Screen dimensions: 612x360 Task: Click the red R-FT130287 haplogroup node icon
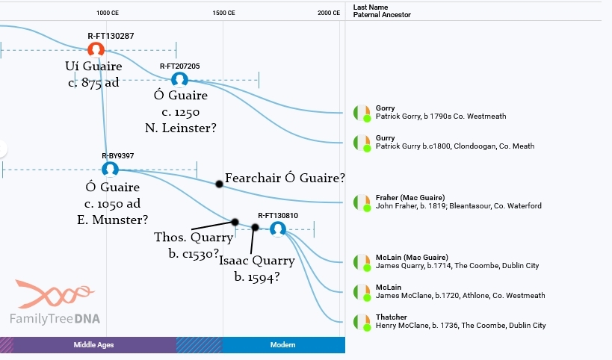pos(96,49)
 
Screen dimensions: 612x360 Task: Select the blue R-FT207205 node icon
pos(179,79)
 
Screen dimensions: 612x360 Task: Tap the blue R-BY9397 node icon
pos(111,169)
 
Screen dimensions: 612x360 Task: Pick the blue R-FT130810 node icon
pos(278,229)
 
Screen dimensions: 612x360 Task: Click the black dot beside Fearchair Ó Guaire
pos(219,184)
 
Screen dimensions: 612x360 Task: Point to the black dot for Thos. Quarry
pos(235,222)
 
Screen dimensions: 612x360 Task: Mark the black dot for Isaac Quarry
pos(256,227)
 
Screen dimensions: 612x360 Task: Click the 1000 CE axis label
pos(108,13)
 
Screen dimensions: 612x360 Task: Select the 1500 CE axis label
pos(223,13)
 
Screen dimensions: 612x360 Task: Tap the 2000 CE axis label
pos(328,13)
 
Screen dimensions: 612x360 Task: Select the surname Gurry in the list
pos(386,138)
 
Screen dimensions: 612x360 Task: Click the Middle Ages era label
pos(93,345)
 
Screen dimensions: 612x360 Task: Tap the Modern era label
pos(282,345)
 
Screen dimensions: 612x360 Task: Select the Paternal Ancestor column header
pos(382,15)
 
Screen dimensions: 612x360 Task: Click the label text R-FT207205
pos(179,66)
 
